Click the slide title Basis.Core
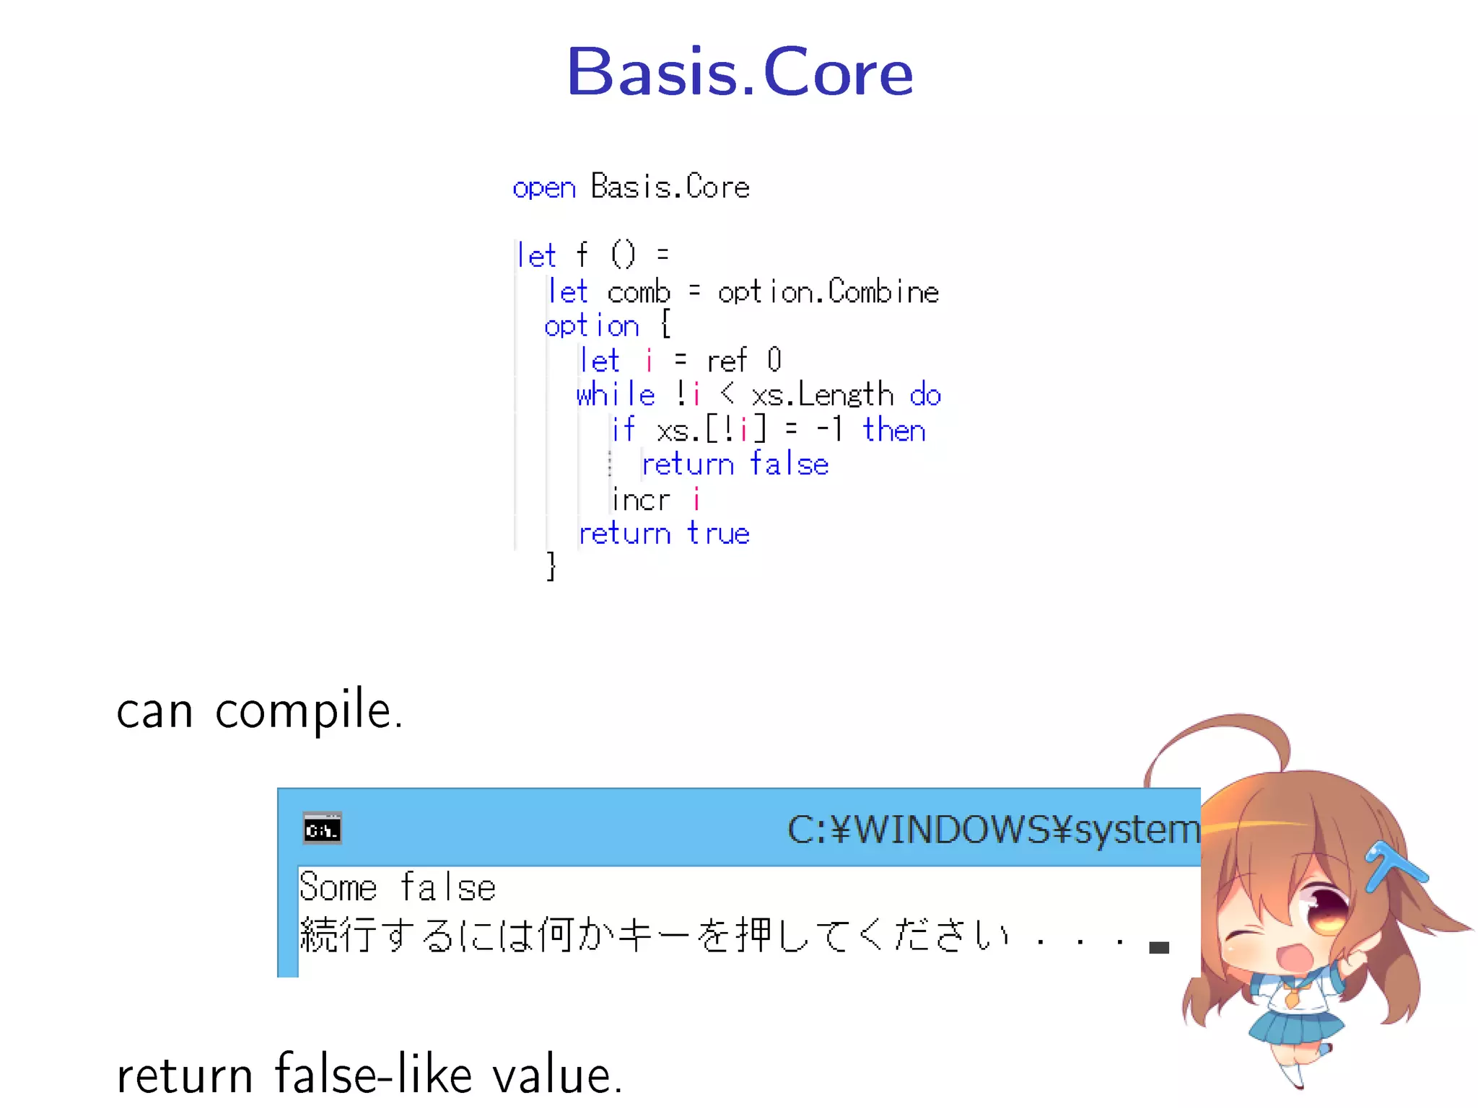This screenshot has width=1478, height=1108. click(740, 72)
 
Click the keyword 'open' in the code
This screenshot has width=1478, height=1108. click(544, 188)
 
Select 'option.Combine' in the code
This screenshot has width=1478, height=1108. click(828, 292)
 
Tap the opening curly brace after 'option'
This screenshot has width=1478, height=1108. click(665, 325)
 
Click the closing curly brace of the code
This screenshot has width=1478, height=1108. click(551, 566)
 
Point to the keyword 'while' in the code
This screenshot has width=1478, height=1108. click(616, 395)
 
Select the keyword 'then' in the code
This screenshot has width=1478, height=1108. click(893, 430)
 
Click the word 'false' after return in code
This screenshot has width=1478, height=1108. click(789, 464)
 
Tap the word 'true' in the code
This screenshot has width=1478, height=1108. click(718, 534)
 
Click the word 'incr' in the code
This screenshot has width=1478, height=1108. click(641, 499)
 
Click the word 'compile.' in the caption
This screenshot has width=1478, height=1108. click(309, 711)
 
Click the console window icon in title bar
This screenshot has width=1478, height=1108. click(322, 829)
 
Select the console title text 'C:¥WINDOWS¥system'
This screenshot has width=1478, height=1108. click(993, 830)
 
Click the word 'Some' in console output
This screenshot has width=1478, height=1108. click(338, 887)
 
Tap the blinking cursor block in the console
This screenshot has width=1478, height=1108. click(1158, 947)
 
